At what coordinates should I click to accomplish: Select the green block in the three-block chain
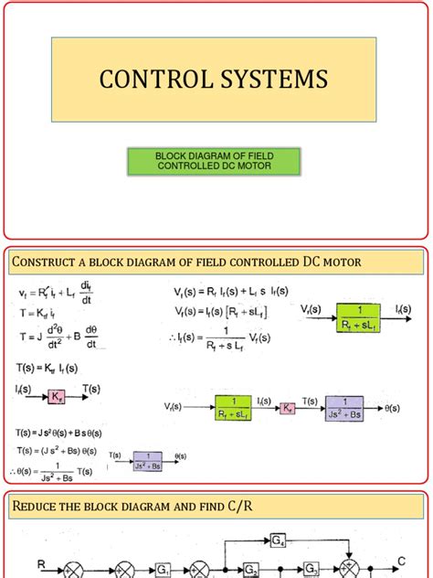click(x=239, y=405)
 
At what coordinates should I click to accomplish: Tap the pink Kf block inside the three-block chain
click(x=289, y=405)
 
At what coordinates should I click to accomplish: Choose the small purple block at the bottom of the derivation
click(x=147, y=461)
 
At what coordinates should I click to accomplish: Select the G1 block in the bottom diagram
click(x=164, y=570)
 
